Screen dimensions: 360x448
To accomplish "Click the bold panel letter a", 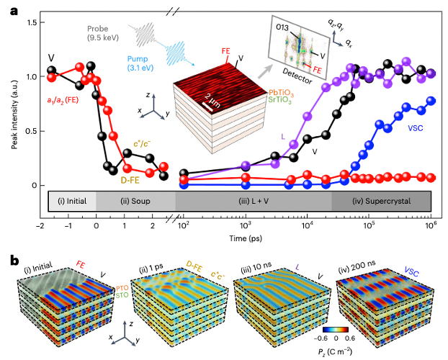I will [x=13, y=9].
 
